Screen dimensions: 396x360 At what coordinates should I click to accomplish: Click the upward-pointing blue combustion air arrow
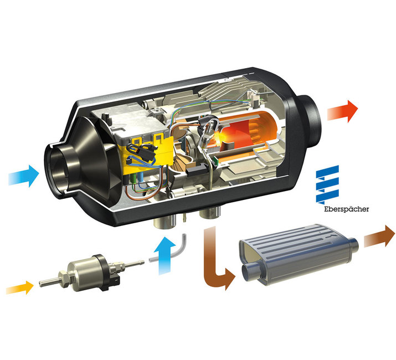pos(164,255)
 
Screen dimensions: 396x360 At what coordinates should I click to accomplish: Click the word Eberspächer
pos(347,209)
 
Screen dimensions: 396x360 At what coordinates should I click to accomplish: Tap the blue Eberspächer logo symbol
pos(327,184)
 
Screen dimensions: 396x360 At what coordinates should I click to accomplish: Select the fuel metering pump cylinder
pos(83,272)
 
